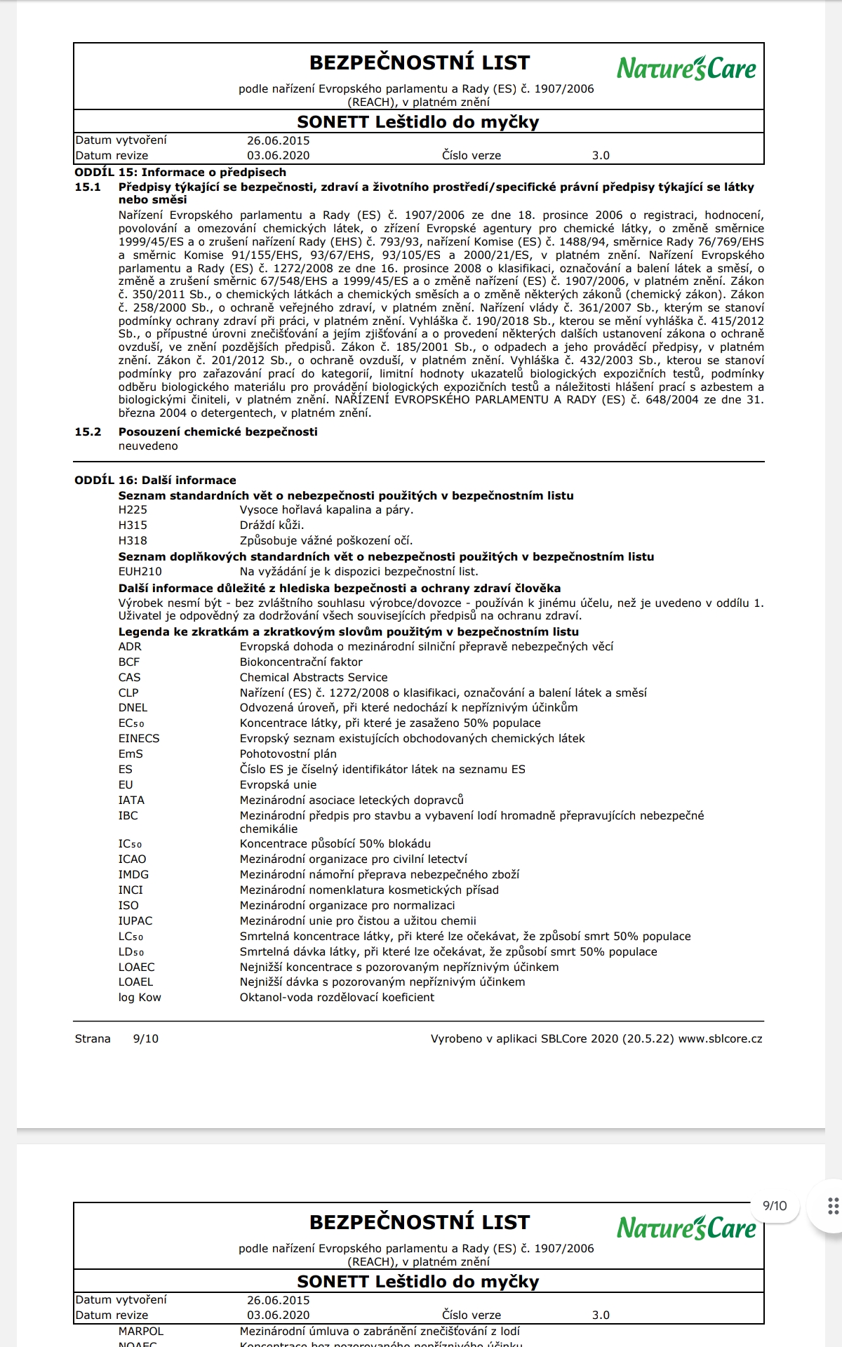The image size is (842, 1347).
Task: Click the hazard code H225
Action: tap(133, 510)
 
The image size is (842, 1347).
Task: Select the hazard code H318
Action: tap(133, 541)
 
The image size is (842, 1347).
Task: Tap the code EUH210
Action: tap(140, 572)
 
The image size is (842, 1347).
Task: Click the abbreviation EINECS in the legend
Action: tap(139, 739)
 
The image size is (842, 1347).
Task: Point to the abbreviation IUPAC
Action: tap(135, 921)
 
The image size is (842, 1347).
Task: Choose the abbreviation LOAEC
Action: tap(136, 967)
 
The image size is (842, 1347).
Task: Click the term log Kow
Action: tap(140, 998)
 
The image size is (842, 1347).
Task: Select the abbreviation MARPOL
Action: tap(140, 1331)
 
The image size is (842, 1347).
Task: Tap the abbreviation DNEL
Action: tap(133, 708)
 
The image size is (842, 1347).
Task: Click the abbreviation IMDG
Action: tap(133, 875)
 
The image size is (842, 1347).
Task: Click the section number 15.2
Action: tap(88, 432)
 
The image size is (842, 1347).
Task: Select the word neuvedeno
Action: tap(148, 446)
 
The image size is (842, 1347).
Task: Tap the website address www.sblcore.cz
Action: tap(720, 1039)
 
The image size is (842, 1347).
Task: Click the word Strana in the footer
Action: tap(93, 1039)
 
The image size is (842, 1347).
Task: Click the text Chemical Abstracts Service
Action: tap(314, 678)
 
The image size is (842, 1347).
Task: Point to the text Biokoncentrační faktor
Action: tap(301, 662)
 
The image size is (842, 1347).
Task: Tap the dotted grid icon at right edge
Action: tap(833, 1206)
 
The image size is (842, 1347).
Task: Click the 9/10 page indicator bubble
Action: tap(775, 1206)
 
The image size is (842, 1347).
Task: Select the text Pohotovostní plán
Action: tap(288, 754)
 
